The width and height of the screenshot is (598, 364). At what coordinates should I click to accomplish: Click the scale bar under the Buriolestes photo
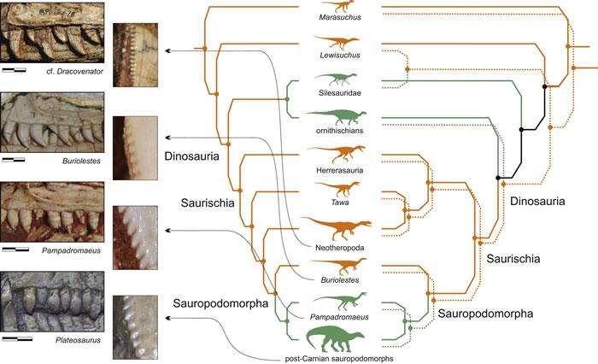click(15, 159)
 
